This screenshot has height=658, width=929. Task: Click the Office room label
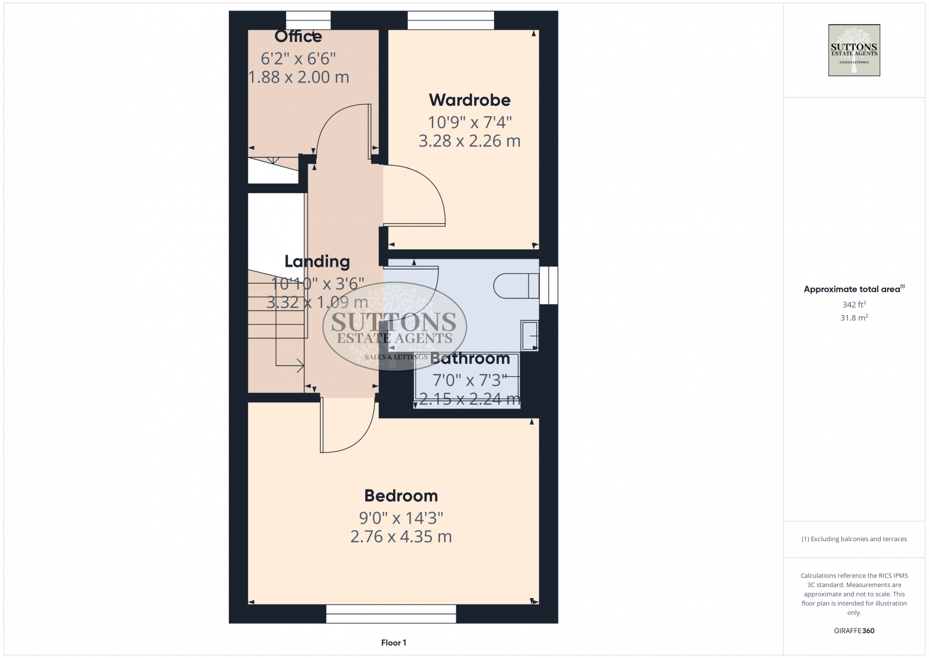pos(298,37)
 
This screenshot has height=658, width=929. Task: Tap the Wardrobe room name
pos(470,100)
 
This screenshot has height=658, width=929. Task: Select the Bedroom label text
pos(401,496)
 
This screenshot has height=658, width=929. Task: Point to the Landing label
pos(317,262)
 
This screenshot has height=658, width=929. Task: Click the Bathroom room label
pos(470,359)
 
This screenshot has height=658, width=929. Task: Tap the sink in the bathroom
pos(529,335)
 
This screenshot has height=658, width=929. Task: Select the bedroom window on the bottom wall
pos(391,614)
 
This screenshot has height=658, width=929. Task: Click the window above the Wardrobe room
pos(451,20)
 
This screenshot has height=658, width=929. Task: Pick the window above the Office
pos(308,20)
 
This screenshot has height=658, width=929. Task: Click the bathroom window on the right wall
pos(549,285)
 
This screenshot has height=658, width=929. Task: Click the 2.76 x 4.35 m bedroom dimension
pos(401,537)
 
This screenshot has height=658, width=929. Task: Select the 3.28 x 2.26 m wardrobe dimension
pos(470,141)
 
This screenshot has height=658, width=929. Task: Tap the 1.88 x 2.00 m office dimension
pos(298,77)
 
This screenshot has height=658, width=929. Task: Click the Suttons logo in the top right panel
pos(854,51)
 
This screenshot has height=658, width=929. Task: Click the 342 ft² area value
pos(854,305)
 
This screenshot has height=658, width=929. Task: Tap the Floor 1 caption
pos(394,642)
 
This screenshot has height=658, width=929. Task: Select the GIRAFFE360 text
pos(854,631)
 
